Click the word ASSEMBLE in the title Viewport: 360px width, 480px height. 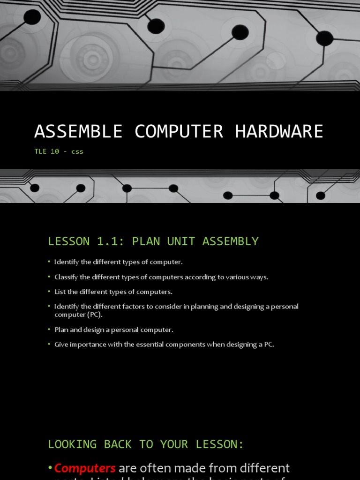(x=78, y=132)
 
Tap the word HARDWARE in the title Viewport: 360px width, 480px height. (x=279, y=132)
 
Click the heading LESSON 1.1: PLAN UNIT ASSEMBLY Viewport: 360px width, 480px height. (x=153, y=241)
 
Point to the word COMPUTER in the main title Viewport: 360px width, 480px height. (x=179, y=132)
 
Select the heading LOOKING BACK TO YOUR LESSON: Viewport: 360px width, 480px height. (x=146, y=444)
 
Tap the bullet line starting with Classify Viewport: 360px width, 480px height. (x=161, y=277)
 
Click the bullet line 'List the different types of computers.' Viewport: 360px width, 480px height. (x=113, y=292)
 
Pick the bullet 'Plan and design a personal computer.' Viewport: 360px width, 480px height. (x=113, y=330)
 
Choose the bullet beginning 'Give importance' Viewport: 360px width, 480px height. (x=164, y=345)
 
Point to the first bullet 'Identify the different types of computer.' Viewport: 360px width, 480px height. (x=118, y=262)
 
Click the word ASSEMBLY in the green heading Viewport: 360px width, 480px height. (x=230, y=241)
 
